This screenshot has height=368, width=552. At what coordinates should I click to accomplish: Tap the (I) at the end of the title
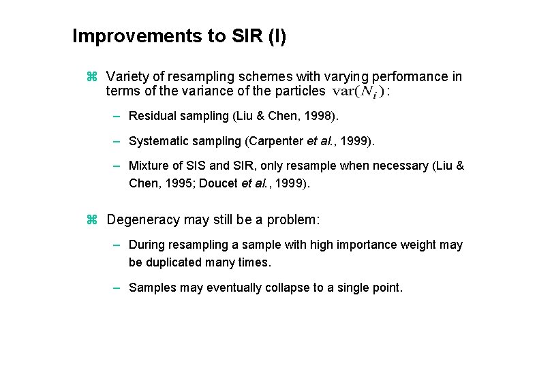click(x=277, y=36)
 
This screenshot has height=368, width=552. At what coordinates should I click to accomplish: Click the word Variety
click(x=127, y=77)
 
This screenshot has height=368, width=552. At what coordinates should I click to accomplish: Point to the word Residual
click(x=151, y=116)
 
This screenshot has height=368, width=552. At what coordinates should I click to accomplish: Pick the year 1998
click(x=320, y=116)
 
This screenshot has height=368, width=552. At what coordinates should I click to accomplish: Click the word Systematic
click(x=157, y=141)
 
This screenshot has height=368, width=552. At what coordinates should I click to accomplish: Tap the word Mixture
click(x=148, y=166)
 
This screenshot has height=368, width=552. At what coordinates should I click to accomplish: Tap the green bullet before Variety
click(x=93, y=77)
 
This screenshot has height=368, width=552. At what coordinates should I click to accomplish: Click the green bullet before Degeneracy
click(x=93, y=220)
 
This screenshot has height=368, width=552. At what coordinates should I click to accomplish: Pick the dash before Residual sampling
click(x=117, y=116)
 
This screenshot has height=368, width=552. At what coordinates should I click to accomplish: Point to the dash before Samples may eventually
click(x=117, y=288)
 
